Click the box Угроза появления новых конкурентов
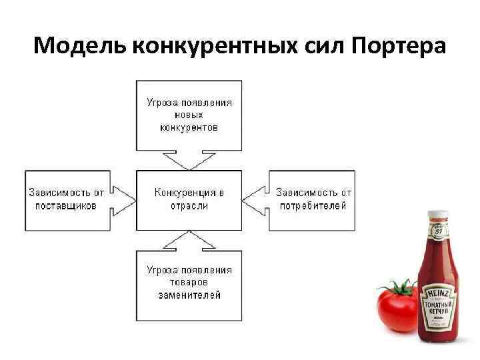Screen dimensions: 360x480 (x=189, y=114)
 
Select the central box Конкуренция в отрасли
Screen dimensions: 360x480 (x=189, y=199)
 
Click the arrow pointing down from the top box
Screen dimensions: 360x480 (x=189, y=160)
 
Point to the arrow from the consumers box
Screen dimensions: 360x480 (x=255, y=199)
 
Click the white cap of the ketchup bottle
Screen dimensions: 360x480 (x=438, y=215)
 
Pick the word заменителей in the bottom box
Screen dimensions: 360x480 (x=189, y=295)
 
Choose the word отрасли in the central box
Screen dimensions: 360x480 (x=189, y=206)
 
